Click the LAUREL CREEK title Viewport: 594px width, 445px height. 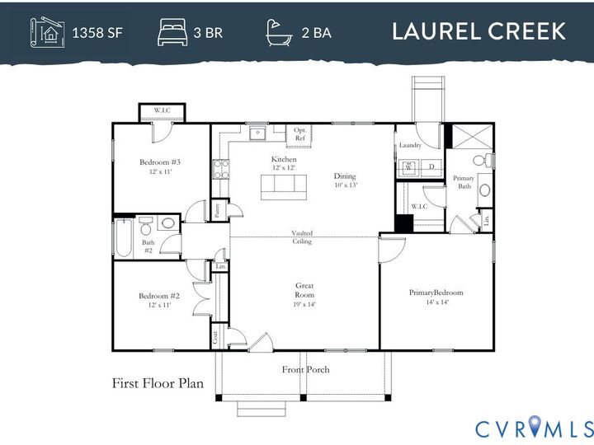pyautogui.click(x=478, y=32)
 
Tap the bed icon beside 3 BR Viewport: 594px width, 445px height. pyautogui.click(x=172, y=33)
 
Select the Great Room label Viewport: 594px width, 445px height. pyautogui.click(x=304, y=290)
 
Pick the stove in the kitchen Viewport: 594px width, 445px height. pyautogui.click(x=221, y=170)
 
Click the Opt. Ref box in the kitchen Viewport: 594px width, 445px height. pyautogui.click(x=299, y=133)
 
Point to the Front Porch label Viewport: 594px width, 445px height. pyautogui.click(x=305, y=369)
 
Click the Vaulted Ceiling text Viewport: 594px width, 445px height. pyautogui.click(x=301, y=237)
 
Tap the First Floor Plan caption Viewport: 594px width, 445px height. pyautogui.click(x=158, y=383)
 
